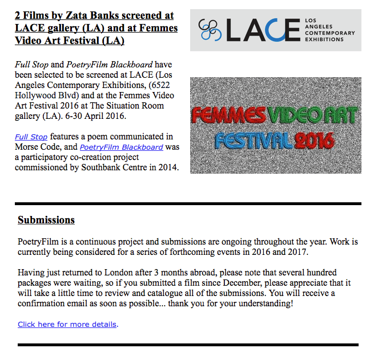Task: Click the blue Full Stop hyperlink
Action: click(31, 137)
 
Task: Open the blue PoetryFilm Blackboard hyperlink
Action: click(121, 147)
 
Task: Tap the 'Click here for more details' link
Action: click(67, 324)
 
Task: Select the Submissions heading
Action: click(46, 220)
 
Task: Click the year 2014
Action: click(167, 167)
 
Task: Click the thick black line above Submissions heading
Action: click(188, 203)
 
